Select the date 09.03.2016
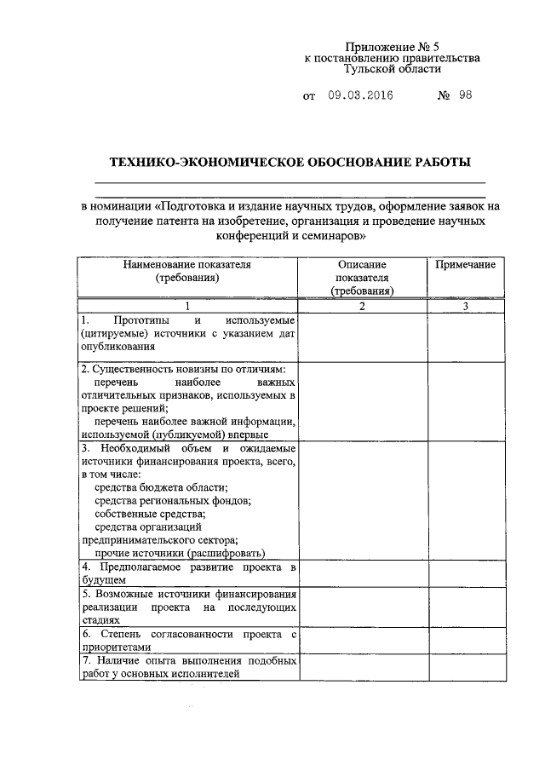360,95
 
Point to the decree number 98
464,95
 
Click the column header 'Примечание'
465,265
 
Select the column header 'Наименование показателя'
187,265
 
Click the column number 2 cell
362,306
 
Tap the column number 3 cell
465,306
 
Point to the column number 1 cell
187,306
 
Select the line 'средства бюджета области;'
161,488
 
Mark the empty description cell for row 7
362,667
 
